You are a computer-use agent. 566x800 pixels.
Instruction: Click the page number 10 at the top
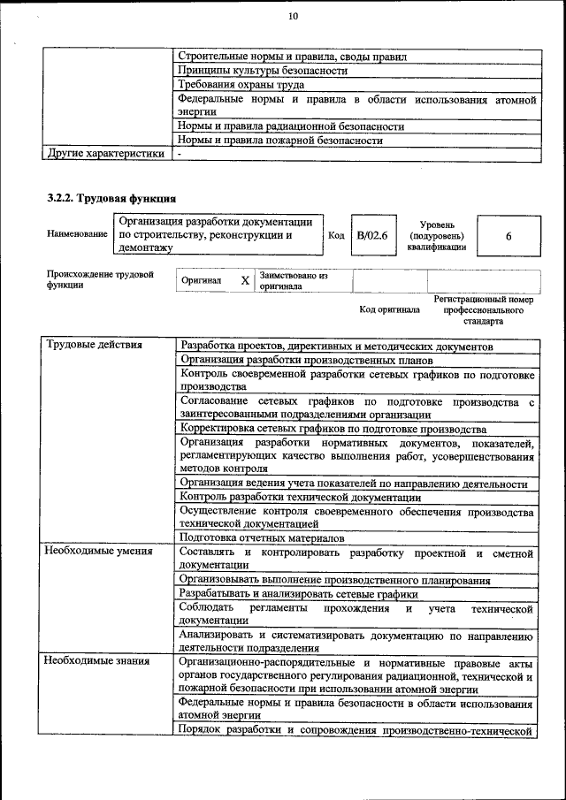pos(294,16)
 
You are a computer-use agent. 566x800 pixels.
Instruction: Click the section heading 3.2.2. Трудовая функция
pos(111,198)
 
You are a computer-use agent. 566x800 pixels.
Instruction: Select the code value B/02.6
pos(371,236)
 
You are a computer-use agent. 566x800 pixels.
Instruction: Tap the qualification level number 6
pos(509,237)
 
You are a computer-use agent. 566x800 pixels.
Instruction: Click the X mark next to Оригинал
pos(245,280)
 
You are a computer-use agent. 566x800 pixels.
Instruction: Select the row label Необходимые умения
pos(98,552)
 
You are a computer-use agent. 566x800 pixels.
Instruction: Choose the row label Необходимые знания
pos(97,660)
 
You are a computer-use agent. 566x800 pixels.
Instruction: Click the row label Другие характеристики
pos(105,153)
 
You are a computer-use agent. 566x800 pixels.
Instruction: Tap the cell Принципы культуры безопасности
pos(263,70)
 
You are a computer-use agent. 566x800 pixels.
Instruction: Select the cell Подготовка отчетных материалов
pos(262,537)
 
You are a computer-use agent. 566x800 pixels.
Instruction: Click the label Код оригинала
pos(389,310)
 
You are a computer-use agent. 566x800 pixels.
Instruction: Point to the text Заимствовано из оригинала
pos(294,281)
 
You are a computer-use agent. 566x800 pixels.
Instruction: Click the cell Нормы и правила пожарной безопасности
pos(280,140)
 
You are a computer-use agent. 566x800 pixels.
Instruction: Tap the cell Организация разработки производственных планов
pos(307,360)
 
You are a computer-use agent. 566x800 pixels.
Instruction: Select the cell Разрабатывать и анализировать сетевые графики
pos(298,593)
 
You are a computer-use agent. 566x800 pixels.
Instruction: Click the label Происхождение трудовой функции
pos(100,279)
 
